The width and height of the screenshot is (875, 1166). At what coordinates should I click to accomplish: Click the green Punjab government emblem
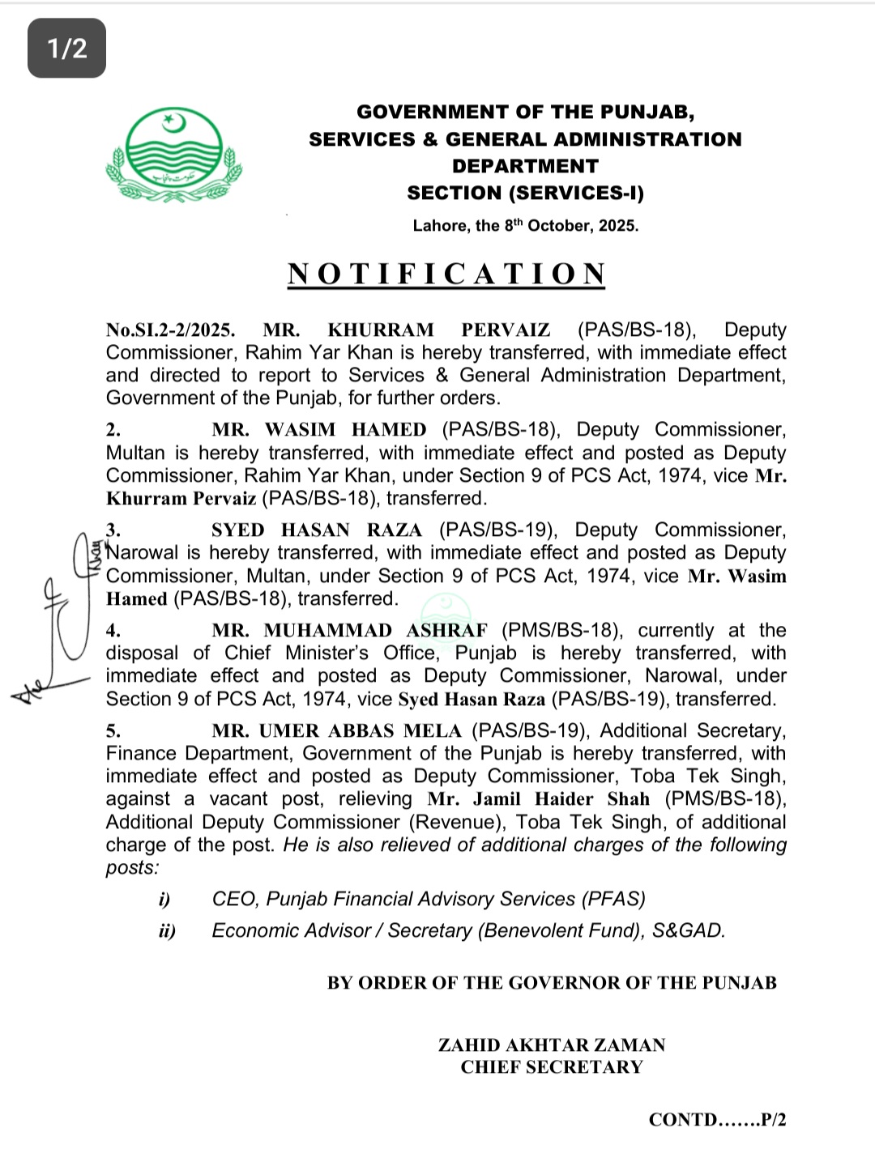[x=173, y=155]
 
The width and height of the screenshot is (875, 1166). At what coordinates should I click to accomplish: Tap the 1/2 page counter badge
[x=67, y=49]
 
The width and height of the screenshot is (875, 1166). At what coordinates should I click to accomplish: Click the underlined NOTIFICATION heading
[x=446, y=274]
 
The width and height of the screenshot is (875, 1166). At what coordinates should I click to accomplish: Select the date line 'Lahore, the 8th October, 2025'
[x=525, y=226]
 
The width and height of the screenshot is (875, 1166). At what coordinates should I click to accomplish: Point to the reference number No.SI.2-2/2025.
[x=170, y=330]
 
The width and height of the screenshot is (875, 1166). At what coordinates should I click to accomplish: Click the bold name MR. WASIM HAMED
[x=319, y=430]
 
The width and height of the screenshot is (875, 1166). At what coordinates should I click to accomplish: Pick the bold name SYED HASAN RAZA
[x=317, y=530]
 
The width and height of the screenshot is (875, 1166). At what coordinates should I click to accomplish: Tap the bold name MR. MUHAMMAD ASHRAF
[x=350, y=631]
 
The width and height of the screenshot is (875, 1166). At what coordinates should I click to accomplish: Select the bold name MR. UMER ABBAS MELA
[x=336, y=731]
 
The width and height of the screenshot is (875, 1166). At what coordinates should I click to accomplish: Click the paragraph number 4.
[x=113, y=631]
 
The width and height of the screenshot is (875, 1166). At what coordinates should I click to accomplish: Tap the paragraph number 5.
[x=113, y=731]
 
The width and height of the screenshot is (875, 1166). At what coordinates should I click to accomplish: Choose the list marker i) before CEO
[x=164, y=900]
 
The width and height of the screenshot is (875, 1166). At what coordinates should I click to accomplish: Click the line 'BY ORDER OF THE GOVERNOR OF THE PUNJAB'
[x=552, y=983]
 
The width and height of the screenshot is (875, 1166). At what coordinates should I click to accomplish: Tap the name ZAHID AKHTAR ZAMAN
[x=552, y=1045]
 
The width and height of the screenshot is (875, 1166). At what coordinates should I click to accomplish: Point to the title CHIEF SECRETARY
[x=552, y=1067]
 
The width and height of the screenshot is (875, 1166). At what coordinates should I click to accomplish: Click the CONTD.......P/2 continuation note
[x=717, y=1120]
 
